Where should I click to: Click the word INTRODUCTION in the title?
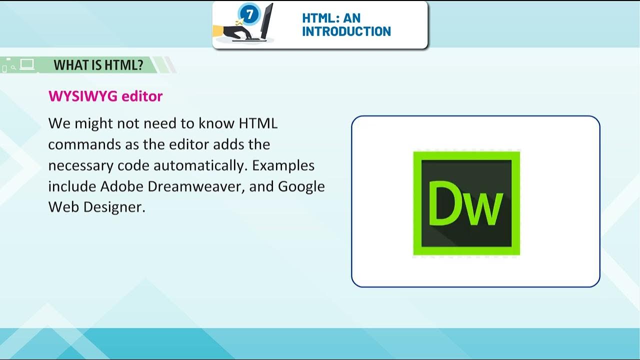(x=346, y=31)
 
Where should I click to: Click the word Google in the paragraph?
(x=301, y=186)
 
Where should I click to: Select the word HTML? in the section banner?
(x=125, y=65)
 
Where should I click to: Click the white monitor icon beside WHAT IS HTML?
(x=27, y=64)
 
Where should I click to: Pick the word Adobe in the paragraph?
(x=121, y=186)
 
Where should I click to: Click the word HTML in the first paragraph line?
(x=258, y=123)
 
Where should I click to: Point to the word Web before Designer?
(x=63, y=207)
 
